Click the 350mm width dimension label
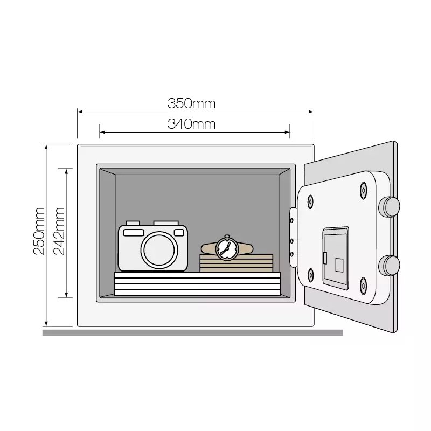pos(192,103)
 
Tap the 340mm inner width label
pos(192,124)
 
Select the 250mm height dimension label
pos(39,231)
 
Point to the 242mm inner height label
pos(59,231)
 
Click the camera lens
pos(159,250)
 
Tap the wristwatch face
pos(227,249)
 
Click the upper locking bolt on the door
pos(389,207)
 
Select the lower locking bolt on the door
pos(389,266)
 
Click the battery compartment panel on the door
pos(336,258)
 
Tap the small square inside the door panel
pos(339,266)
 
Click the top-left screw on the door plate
pos(311,201)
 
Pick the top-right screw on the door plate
pos(363,190)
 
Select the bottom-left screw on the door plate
pos(311,275)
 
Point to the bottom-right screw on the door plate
pos(363,286)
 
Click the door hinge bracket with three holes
pos(293,237)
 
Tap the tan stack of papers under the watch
pos(237,263)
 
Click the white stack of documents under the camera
pos(197,284)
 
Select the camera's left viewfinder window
pos(134,233)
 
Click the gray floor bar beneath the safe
pos(192,332)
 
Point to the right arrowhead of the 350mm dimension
pos(311,112)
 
